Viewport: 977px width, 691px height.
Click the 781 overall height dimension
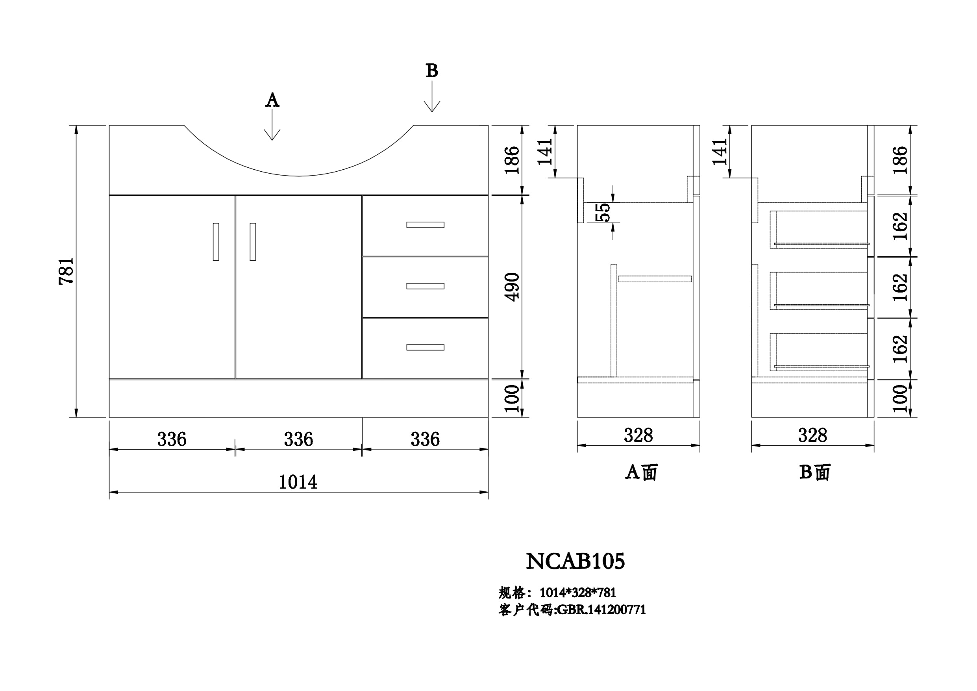[x=67, y=271]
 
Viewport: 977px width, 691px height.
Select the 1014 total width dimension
[x=298, y=482]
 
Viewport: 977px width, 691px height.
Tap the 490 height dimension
[x=513, y=287]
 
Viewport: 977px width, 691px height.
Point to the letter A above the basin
[x=272, y=100]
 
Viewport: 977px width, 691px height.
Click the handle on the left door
[x=216, y=242]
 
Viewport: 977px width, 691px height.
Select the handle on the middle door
[x=253, y=242]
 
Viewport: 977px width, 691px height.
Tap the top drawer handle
[x=425, y=225]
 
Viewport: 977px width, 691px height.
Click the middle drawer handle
[x=425, y=286]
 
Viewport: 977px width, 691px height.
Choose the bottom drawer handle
[x=425, y=347]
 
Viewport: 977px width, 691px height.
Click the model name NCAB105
[x=575, y=561]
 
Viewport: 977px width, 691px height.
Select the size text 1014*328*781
[x=578, y=593]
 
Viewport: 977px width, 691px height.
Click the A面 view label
[x=641, y=472]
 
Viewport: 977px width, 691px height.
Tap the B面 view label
[x=815, y=472]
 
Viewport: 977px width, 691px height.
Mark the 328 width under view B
[x=812, y=435]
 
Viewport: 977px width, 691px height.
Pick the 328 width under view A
[x=638, y=435]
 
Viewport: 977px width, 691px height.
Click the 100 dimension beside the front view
[x=513, y=398]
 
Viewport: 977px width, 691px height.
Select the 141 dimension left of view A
[x=545, y=152]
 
